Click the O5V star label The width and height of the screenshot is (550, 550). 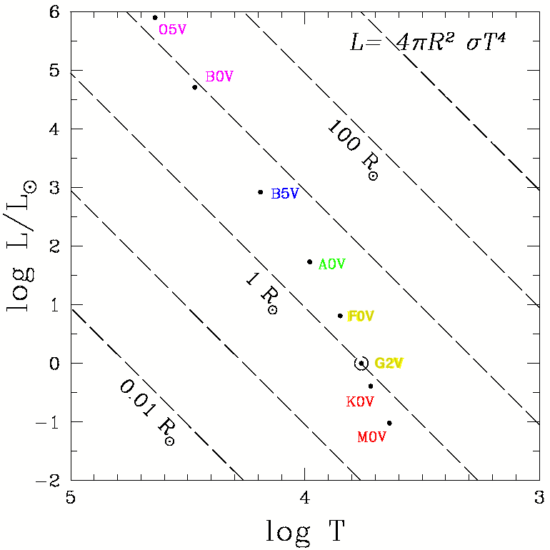[172, 30]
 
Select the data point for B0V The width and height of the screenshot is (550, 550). [195, 87]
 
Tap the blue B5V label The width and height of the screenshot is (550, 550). [284, 194]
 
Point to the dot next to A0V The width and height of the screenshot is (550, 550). [309, 261]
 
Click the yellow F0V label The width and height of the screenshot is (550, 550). [361, 316]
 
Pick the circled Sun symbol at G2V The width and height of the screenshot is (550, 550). [361, 363]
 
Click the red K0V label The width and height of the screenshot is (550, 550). [360, 402]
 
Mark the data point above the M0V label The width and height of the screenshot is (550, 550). [389, 423]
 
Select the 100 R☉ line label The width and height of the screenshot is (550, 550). [353, 149]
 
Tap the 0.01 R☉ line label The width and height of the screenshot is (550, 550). [146, 412]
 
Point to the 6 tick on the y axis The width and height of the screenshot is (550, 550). [54, 12]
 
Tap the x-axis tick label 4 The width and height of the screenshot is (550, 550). [305, 496]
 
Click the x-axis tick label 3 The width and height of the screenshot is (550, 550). [539, 496]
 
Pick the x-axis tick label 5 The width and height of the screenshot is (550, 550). [70, 496]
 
